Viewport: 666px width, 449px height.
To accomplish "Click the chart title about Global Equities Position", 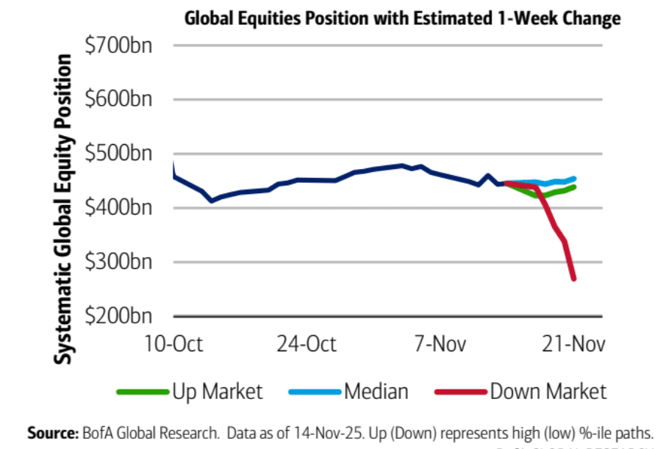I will (x=402, y=18).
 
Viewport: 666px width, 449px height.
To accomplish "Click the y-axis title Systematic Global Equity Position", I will (x=65, y=209).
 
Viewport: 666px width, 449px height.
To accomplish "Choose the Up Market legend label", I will (x=217, y=391).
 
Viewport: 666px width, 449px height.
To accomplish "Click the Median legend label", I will (x=376, y=391).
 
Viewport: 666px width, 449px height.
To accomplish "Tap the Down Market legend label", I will (x=548, y=391).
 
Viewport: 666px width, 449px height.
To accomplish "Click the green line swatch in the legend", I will (x=143, y=392).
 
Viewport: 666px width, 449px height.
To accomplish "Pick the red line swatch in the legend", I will (x=461, y=392).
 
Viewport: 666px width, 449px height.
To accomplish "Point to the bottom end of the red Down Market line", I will (x=573, y=279).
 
